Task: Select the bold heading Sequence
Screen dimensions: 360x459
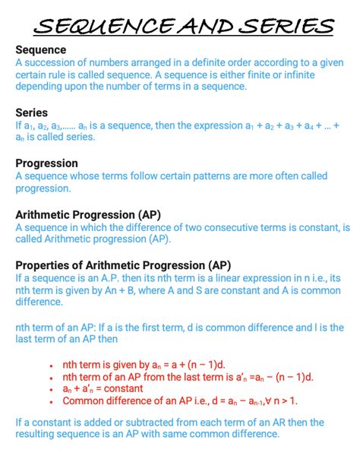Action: (x=41, y=49)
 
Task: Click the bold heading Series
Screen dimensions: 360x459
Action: (x=32, y=112)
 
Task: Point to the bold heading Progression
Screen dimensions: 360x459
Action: (x=46, y=163)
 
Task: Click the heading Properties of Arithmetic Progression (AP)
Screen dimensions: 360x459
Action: (x=123, y=265)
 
